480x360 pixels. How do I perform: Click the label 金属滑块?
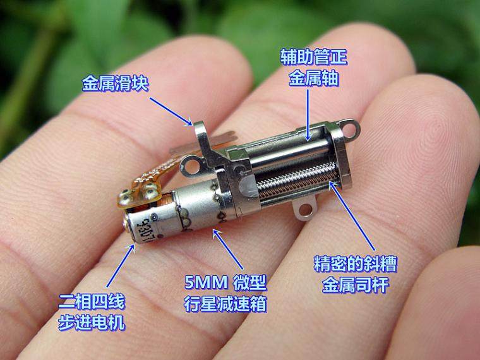pos(115,83)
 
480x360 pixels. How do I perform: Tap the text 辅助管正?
pos(314,57)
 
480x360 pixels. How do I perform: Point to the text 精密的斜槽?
pos(356,264)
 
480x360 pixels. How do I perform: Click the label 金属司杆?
pos(356,285)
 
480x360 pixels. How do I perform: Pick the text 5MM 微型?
pos(225,282)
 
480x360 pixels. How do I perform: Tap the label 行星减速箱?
pos(225,304)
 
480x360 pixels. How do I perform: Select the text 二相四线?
pos(92,301)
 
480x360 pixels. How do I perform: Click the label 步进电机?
pos(92,322)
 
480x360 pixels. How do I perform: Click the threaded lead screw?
pos(297,181)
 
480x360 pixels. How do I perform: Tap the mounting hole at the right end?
pos(349,129)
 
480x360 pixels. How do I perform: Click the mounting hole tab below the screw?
pos(305,209)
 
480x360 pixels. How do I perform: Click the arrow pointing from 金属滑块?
pos(171,112)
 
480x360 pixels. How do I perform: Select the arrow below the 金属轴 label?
pos(308,115)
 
